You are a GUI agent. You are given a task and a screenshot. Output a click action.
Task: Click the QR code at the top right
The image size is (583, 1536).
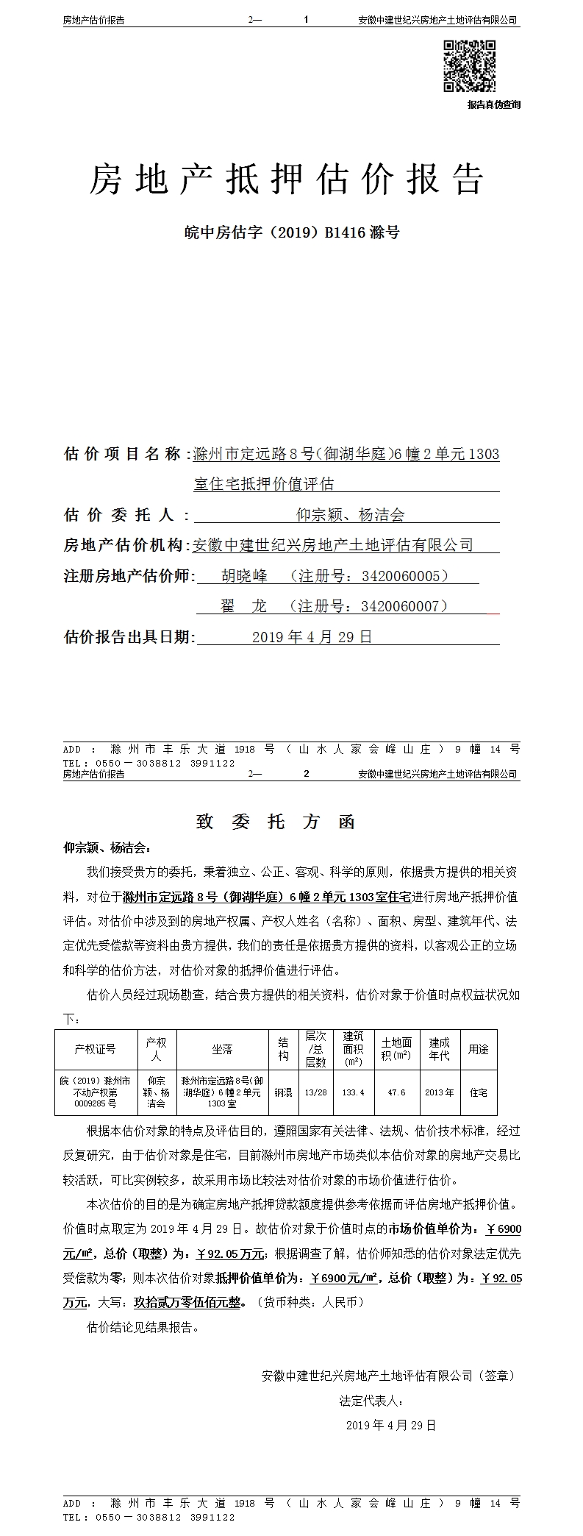click(x=469, y=66)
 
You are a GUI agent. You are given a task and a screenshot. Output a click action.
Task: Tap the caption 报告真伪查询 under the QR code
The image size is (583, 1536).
click(x=494, y=105)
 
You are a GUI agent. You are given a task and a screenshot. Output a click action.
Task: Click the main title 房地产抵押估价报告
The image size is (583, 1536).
click(x=287, y=179)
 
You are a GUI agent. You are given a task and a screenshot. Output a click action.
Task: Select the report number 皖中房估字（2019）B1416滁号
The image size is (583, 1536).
click(x=291, y=233)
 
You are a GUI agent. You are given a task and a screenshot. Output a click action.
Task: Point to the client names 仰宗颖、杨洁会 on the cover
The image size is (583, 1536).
click(x=350, y=515)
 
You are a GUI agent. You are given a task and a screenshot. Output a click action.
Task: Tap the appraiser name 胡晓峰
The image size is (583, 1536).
click(x=245, y=575)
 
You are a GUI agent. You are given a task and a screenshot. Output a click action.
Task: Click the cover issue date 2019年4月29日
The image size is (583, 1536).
click(x=312, y=637)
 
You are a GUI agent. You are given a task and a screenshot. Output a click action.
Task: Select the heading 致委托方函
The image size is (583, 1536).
click(x=276, y=822)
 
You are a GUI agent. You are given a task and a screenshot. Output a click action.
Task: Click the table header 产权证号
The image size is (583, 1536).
click(x=96, y=1049)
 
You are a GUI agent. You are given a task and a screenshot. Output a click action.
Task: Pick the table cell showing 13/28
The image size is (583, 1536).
click(x=315, y=1092)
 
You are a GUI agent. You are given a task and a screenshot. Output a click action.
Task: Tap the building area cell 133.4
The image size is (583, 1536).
click(x=354, y=1092)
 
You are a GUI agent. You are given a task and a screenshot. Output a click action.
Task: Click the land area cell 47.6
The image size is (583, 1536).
click(x=396, y=1092)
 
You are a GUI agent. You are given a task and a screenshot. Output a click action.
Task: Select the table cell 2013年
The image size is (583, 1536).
click(x=440, y=1092)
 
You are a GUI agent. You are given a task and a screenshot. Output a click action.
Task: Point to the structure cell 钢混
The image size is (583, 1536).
click(x=283, y=1092)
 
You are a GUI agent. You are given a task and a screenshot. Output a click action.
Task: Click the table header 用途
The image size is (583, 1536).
click(x=479, y=1049)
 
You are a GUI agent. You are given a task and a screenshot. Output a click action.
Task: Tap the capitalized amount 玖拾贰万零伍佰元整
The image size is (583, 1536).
click(x=187, y=1302)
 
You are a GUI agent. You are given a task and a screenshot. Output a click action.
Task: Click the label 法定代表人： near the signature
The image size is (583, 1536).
click(x=371, y=1400)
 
